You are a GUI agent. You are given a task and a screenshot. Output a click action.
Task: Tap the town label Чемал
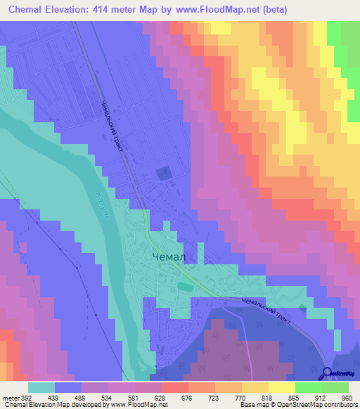click(x=169, y=257)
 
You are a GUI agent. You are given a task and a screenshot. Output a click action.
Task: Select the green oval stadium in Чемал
click(x=184, y=286)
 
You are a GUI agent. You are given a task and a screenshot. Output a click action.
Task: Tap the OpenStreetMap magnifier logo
click(x=326, y=373)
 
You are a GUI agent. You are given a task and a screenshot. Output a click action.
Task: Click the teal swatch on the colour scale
click(x=41, y=387)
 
